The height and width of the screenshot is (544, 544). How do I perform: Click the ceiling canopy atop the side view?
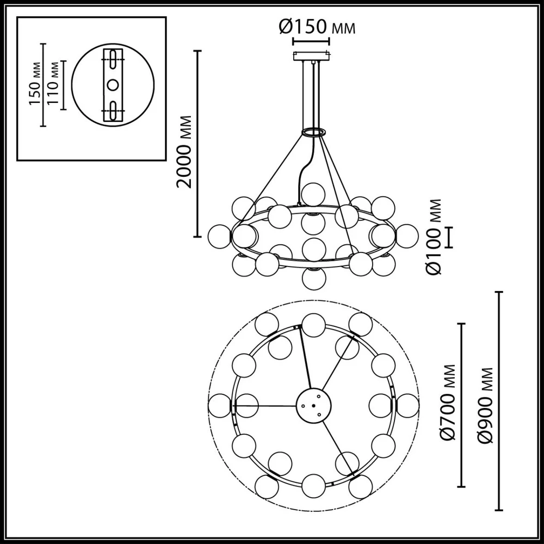click(x=311, y=56)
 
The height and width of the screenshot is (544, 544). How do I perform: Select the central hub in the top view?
click(x=314, y=405)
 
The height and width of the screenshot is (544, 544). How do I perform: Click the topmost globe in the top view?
click(x=314, y=325)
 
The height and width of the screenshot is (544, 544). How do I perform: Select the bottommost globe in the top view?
click(x=314, y=485)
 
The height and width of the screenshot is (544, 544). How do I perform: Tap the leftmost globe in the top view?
click(x=221, y=405)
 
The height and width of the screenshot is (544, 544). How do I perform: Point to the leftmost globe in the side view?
click(x=220, y=236)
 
